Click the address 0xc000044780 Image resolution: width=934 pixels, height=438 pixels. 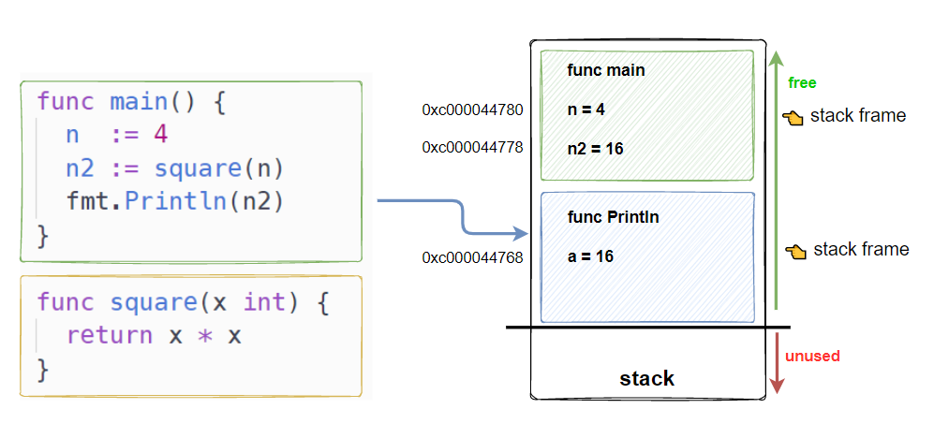[x=472, y=110]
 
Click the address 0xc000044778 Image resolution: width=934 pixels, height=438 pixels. [x=472, y=147]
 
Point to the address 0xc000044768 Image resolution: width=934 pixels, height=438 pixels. [x=472, y=256]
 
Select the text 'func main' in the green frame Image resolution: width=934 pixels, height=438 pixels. [x=606, y=70]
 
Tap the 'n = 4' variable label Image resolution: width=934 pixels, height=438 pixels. [x=586, y=109]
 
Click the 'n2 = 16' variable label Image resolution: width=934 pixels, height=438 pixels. [x=596, y=148]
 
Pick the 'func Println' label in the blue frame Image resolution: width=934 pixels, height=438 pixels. [x=614, y=217]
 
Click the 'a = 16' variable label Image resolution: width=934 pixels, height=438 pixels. [x=591, y=255]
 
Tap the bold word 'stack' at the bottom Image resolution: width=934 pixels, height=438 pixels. [x=646, y=379]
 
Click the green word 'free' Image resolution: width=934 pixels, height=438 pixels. [x=802, y=82]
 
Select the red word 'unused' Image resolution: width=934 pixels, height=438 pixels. [x=812, y=356]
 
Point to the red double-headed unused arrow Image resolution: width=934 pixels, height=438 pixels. [x=775, y=361]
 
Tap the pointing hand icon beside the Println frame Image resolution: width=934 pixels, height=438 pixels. [x=796, y=251]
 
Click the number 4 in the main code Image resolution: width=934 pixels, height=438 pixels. [x=161, y=135]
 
